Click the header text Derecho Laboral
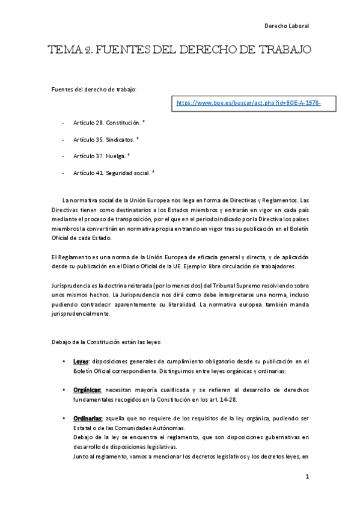pyautogui.click(x=287, y=26)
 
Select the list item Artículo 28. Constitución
pyautogui.click(x=106, y=123)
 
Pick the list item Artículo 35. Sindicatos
pyautogui.click(x=105, y=139)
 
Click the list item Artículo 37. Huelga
pyautogui.click(x=100, y=156)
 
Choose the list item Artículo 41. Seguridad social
pyautogui.click(x=113, y=173)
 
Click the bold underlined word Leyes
pyautogui.click(x=81, y=361)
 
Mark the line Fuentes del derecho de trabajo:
pyautogui.click(x=94, y=90)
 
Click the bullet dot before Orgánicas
pyautogui.click(x=64, y=390)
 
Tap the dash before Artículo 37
pyautogui.click(x=64, y=156)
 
